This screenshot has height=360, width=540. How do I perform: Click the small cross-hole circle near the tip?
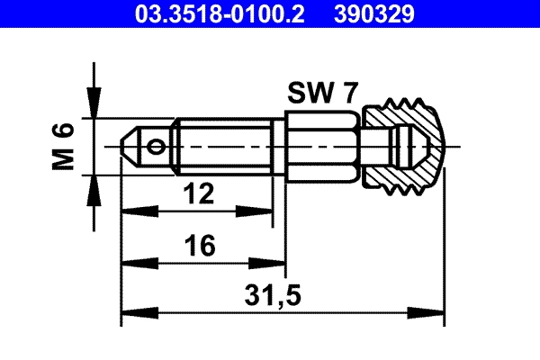pyautogui.click(x=159, y=146)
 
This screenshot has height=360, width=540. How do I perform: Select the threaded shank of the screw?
pyautogui.click(x=225, y=145)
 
